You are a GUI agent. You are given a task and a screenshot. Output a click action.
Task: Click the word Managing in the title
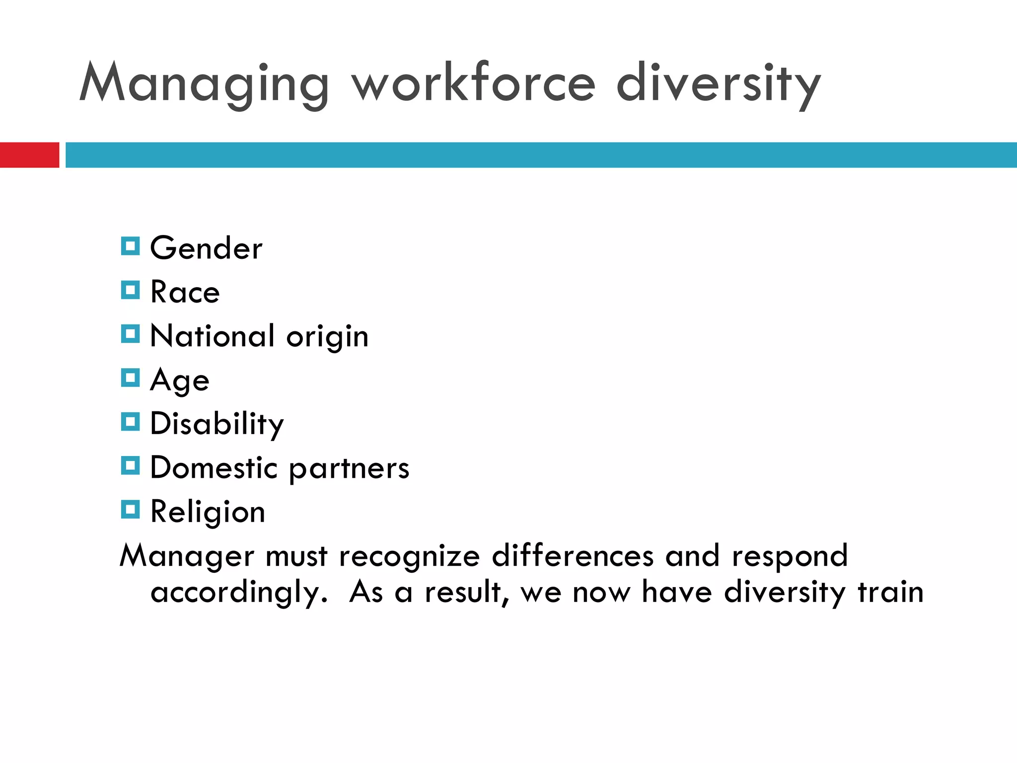click(x=204, y=83)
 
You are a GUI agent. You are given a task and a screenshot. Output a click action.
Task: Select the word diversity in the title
click(x=718, y=83)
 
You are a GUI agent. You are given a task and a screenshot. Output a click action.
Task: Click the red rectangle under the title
click(x=29, y=155)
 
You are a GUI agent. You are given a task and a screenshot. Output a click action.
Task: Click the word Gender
click(x=206, y=248)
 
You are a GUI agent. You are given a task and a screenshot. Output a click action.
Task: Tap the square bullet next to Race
click(x=130, y=290)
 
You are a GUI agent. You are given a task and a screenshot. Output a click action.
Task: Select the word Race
click(x=185, y=292)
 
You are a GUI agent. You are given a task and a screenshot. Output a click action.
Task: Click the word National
click(x=212, y=336)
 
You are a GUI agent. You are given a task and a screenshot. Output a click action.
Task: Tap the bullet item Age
click(x=180, y=381)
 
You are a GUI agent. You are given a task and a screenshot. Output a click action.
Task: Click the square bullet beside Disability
click(x=130, y=422)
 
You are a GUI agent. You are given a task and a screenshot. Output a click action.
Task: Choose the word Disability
click(x=217, y=424)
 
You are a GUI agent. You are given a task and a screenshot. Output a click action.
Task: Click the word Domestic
click(x=214, y=468)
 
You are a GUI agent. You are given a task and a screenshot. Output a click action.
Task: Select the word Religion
click(x=208, y=512)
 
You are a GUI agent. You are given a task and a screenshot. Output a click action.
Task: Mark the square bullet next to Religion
click(x=130, y=510)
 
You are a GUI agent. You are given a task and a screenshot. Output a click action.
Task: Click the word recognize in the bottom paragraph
click(x=409, y=556)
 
